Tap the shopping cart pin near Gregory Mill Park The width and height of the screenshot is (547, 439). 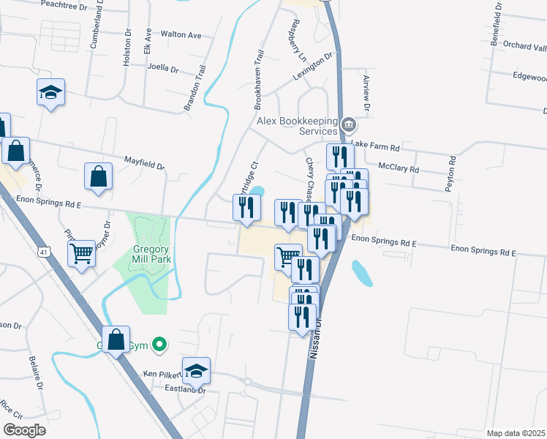coord(82,253)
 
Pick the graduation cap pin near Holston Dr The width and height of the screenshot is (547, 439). coord(50,92)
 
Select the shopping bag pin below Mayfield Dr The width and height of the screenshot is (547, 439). coord(98,176)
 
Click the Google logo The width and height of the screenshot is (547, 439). coord(24,430)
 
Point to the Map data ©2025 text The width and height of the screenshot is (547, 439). coord(516,433)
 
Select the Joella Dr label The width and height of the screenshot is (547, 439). coord(163,69)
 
